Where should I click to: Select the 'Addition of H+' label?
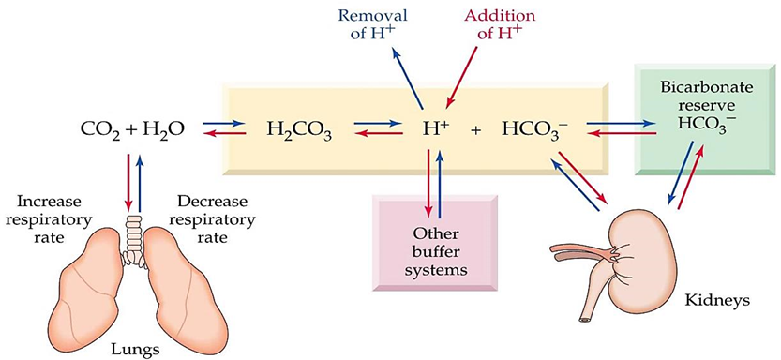[500, 24]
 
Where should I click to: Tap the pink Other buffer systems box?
[433, 241]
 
